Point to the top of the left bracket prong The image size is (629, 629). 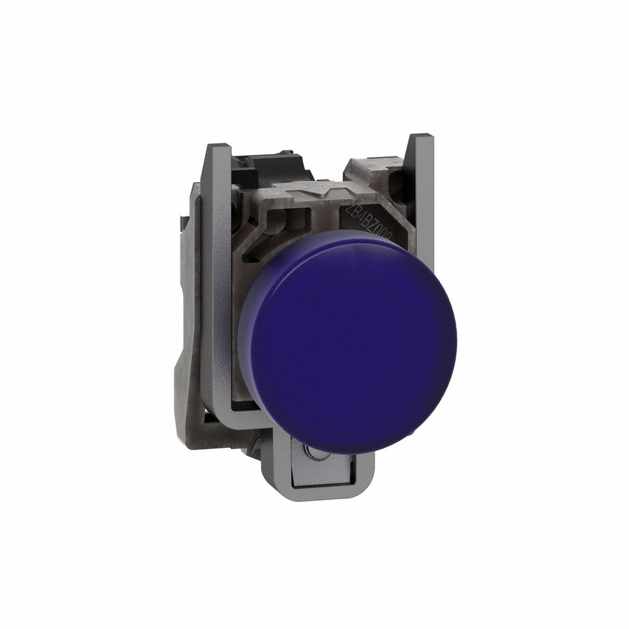click(x=219, y=149)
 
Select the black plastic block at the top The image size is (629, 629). click(x=264, y=163)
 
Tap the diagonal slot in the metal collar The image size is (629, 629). click(x=261, y=245)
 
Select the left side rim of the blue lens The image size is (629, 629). click(x=244, y=344)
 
